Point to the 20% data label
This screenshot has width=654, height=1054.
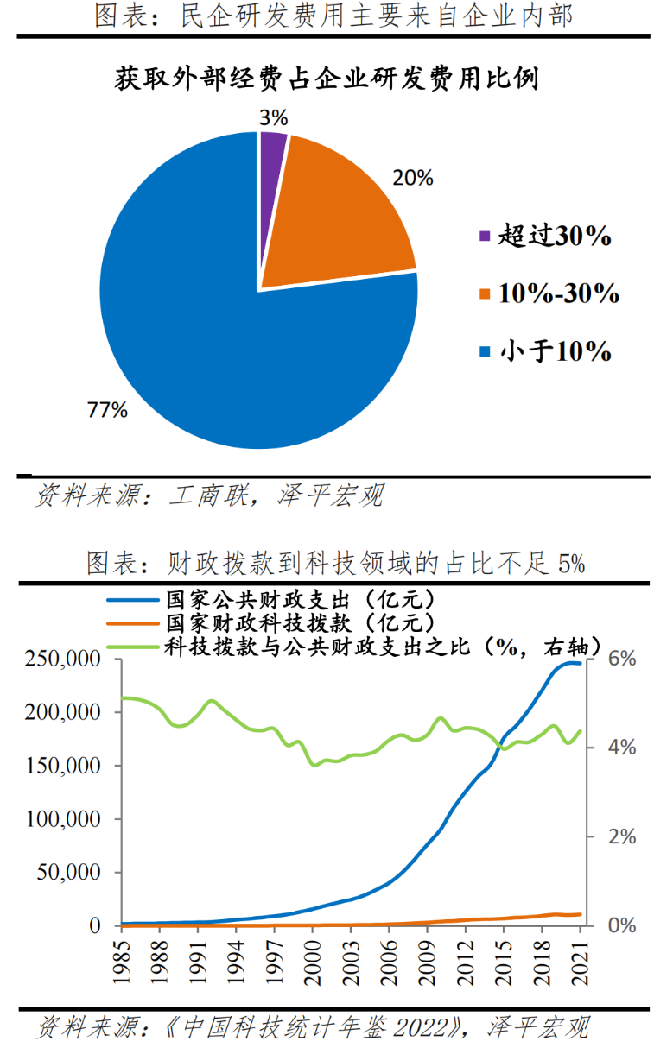click(412, 179)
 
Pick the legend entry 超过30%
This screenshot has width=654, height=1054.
click(553, 236)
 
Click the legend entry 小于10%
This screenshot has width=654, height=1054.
click(553, 351)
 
